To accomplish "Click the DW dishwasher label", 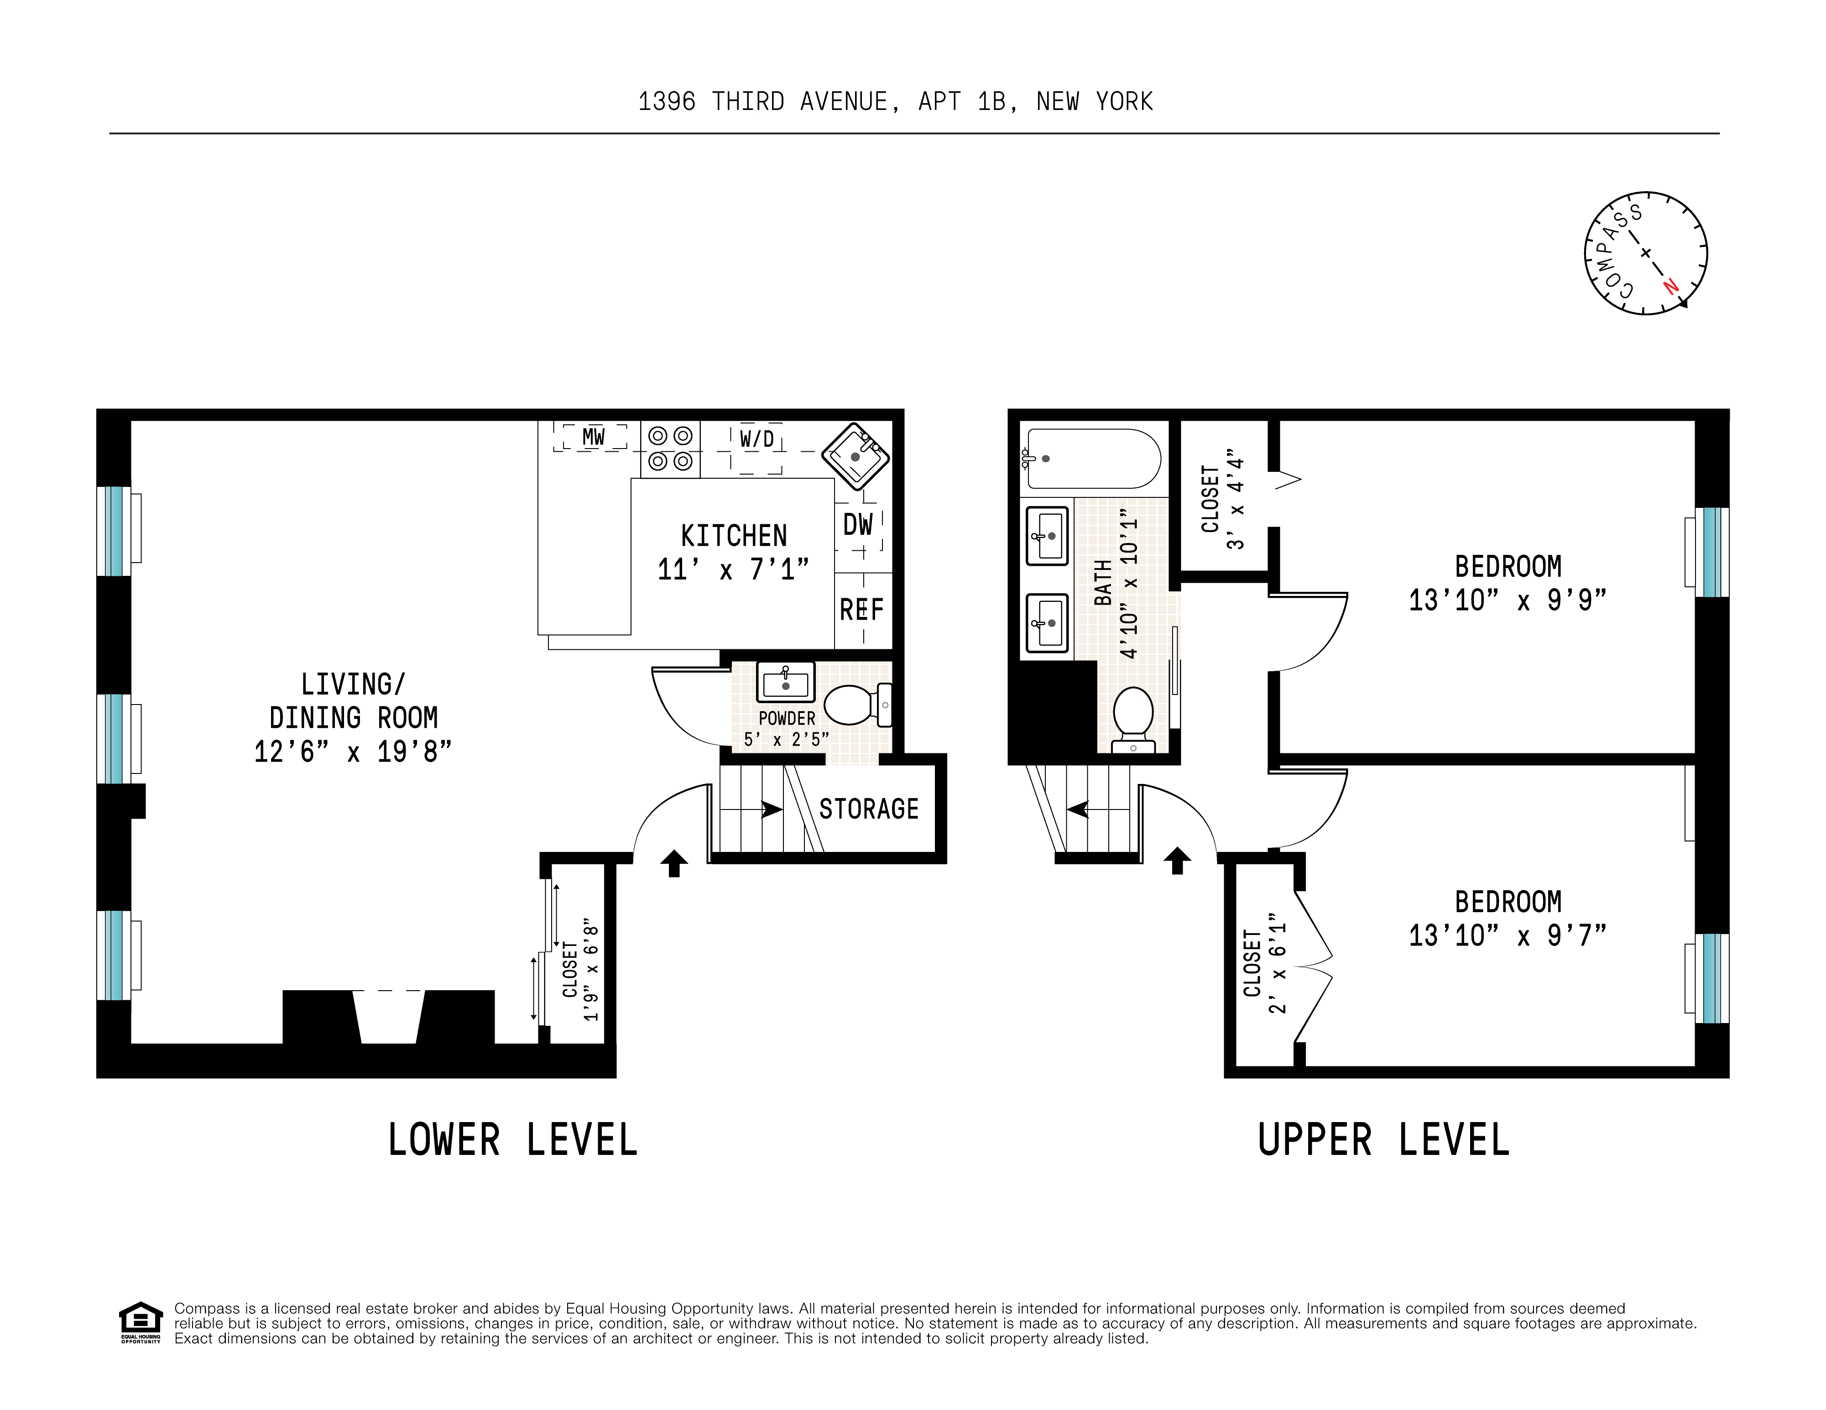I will [x=858, y=525].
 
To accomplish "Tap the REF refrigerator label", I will [x=861, y=610].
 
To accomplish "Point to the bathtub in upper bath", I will [x=1091, y=458].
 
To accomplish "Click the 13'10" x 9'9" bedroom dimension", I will [x=1508, y=600].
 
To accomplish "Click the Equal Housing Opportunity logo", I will [x=141, y=1322].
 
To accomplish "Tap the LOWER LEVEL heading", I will [x=512, y=1140].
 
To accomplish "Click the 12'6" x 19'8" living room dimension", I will [x=353, y=751].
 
